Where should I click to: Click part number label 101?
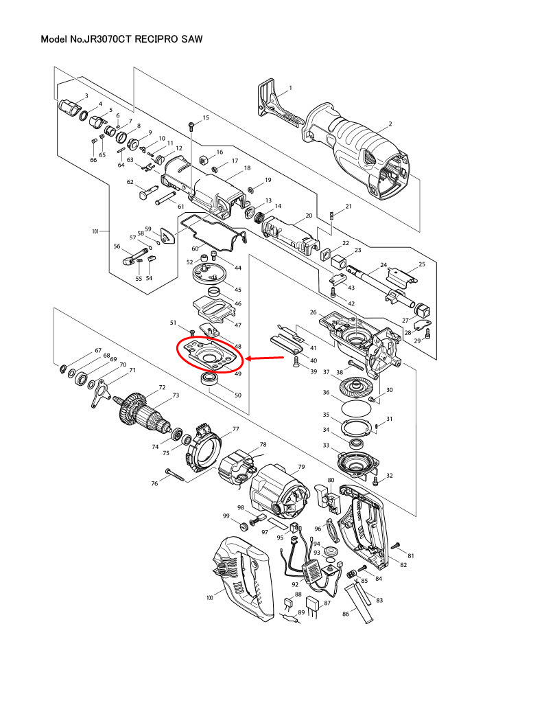tap(95, 232)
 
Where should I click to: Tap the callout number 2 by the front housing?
tap(390, 124)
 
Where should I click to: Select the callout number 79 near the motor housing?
tap(300, 468)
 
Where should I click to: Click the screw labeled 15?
tap(191, 125)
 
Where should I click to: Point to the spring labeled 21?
tap(332, 215)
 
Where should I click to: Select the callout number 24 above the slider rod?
tap(383, 265)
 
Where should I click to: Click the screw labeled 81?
tap(395, 546)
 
